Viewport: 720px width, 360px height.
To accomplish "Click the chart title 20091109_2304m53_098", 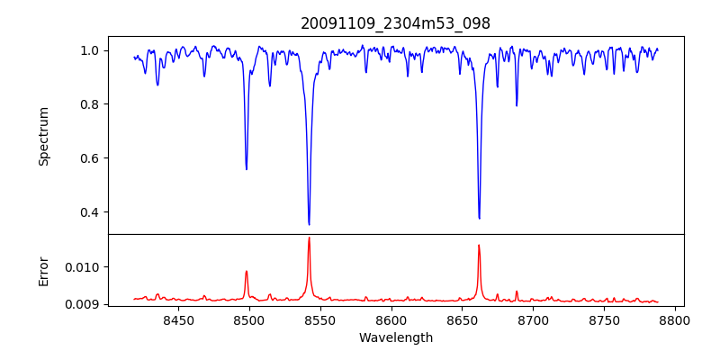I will click(395, 23).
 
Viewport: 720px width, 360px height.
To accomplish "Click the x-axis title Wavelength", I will click(395, 337).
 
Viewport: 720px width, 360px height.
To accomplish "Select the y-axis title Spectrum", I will click(43, 136).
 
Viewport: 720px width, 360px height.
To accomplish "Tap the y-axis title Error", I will click(43, 270).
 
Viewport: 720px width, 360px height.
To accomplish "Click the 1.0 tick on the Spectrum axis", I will click(94, 50).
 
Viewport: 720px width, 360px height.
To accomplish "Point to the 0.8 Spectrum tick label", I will click(94, 104).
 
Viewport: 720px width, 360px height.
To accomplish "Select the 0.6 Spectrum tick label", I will click(94, 158).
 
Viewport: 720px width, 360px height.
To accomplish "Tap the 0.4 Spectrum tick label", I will click(94, 212).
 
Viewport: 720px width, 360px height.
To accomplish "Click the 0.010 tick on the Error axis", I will click(88, 267).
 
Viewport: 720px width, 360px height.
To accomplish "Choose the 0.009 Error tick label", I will click(88, 304).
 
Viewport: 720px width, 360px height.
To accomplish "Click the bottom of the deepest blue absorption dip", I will click(309, 224).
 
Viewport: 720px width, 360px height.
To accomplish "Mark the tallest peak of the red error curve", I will click(309, 238).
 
